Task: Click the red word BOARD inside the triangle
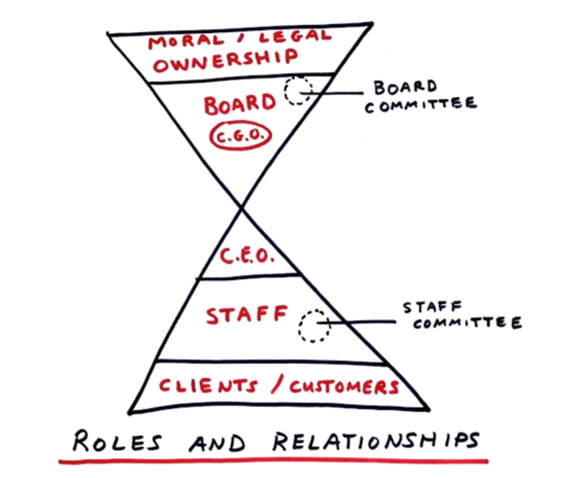(240, 105)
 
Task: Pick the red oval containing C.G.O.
(240, 136)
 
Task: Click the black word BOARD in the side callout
(405, 88)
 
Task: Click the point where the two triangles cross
(241, 207)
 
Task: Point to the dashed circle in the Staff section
(314, 326)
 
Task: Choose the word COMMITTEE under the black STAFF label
(467, 324)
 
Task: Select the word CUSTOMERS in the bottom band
(343, 387)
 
